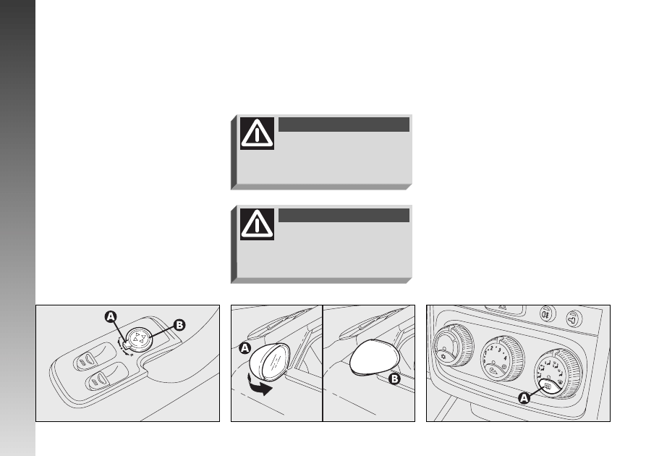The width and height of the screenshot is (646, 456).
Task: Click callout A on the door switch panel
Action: pyautogui.click(x=111, y=316)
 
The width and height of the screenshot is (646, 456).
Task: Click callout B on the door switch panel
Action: pyautogui.click(x=179, y=325)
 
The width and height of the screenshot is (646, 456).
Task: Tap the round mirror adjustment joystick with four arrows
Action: pyautogui.click(x=138, y=339)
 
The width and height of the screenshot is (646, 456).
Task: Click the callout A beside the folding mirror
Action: pyautogui.click(x=245, y=348)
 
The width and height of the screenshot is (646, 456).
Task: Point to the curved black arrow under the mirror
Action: pyautogui.click(x=260, y=384)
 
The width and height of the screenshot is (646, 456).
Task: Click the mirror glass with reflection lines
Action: pyautogui.click(x=273, y=360)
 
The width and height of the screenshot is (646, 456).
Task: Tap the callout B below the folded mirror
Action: pyautogui.click(x=394, y=379)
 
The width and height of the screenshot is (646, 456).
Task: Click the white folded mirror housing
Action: pyautogui.click(x=374, y=358)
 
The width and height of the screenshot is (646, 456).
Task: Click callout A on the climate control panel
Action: pyautogui.click(x=524, y=398)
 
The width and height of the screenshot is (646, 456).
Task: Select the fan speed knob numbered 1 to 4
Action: pyautogui.click(x=501, y=358)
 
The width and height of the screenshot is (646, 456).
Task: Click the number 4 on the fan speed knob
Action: pyautogui.click(x=505, y=358)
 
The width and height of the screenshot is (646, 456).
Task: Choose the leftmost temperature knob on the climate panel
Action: pyautogui.click(x=452, y=345)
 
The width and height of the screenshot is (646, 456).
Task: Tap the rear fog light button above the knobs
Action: pyautogui.click(x=548, y=315)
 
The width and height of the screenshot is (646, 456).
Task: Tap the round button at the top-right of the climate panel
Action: pyautogui.click(x=574, y=318)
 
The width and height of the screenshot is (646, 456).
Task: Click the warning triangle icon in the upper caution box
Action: pyautogui.click(x=257, y=133)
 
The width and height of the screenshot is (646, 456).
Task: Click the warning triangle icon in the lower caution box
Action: pyautogui.click(x=257, y=224)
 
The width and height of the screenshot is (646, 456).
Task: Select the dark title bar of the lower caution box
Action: pyautogui.click(x=344, y=215)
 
